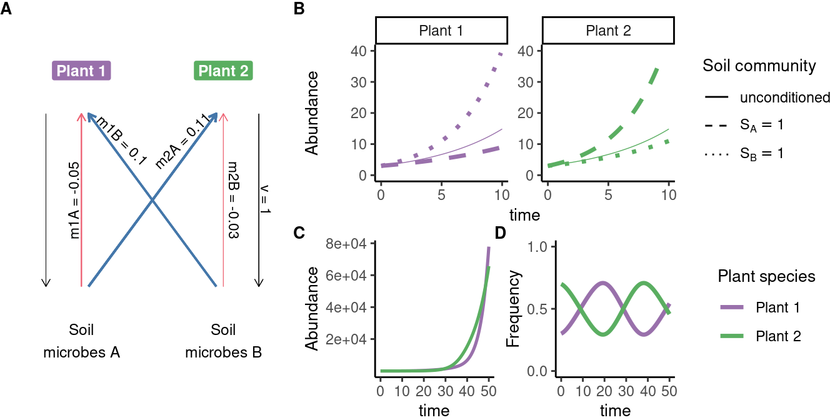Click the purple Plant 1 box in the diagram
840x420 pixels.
(x=81, y=71)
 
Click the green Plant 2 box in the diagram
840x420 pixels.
(x=223, y=71)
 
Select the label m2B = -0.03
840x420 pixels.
(x=232, y=201)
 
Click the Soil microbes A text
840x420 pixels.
(x=81, y=341)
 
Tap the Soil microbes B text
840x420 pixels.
(x=224, y=341)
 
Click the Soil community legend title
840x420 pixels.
(x=759, y=66)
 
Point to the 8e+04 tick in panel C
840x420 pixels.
(x=350, y=244)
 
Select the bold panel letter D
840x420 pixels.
(x=501, y=233)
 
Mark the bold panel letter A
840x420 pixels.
(x=6, y=10)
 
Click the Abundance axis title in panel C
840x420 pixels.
(x=312, y=309)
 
